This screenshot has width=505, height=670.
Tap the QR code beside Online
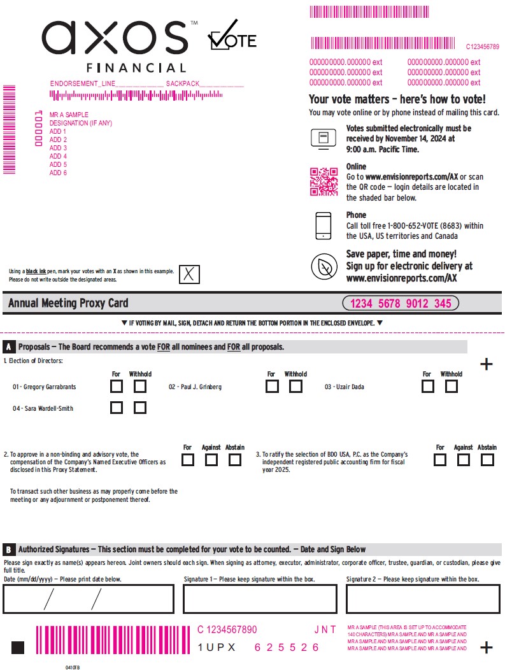click(x=324, y=181)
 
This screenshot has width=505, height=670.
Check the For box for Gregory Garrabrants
click(x=117, y=387)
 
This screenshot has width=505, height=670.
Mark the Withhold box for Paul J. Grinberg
click(x=295, y=387)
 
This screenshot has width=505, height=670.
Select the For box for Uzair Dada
click(x=428, y=387)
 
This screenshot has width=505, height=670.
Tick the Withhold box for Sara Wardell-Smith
click(x=140, y=408)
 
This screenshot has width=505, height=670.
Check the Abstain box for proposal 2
click(x=235, y=460)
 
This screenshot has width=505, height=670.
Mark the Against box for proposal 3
click(x=464, y=460)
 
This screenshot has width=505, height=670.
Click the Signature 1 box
click(x=260, y=599)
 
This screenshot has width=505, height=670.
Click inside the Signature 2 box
click(x=423, y=599)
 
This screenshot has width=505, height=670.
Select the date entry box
click(x=89, y=599)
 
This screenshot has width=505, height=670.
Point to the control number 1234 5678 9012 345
click(x=401, y=304)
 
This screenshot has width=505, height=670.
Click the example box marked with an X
click(x=189, y=274)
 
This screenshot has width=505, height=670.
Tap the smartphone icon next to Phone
click(x=324, y=225)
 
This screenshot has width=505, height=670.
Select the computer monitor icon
click(x=324, y=139)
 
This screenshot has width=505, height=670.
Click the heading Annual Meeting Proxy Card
click(x=68, y=304)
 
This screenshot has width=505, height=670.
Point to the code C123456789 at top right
click(x=482, y=46)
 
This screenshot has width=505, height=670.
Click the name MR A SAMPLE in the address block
click(x=69, y=115)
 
